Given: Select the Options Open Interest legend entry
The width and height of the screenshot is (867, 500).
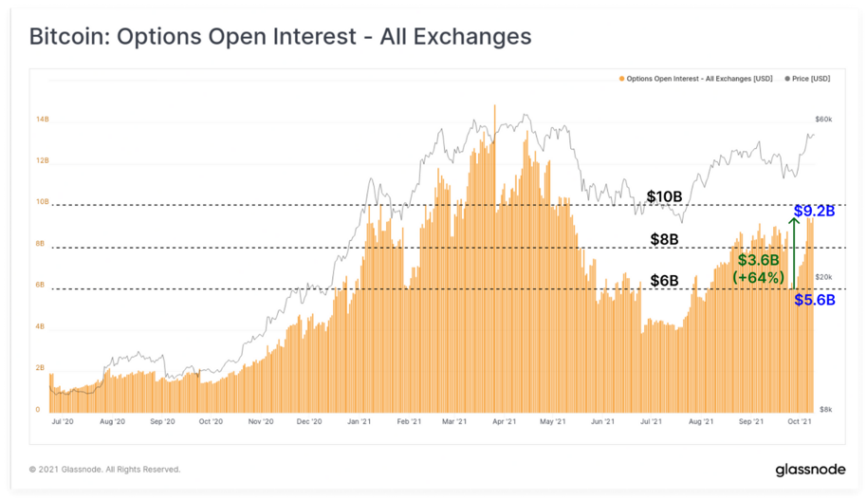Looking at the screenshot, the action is pyautogui.click(x=695, y=79).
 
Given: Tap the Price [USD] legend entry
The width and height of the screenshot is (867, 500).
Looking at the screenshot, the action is pyautogui.click(x=807, y=79).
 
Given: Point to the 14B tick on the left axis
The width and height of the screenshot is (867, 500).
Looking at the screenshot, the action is pyautogui.click(x=43, y=119).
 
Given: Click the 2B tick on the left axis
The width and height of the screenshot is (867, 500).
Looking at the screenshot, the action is pyautogui.click(x=40, y=368).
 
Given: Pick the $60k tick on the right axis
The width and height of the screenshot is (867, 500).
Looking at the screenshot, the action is pyautogui.click(x=823, y=119).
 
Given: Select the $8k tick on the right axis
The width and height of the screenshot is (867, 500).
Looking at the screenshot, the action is pyautogui.click(x=825, y=409).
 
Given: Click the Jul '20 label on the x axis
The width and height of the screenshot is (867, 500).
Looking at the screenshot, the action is pyautogui.click(x=62, y=421).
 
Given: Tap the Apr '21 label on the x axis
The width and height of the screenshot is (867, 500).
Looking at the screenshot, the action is pyautogui.click(x=504, y=421).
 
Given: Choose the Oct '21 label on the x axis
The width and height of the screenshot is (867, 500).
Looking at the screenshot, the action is pyautogui.click(x=800, y=421).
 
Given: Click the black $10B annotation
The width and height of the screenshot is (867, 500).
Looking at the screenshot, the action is pyautogui.click(x=664, y=196).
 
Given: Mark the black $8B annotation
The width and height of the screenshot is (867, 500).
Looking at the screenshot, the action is pyautogui.click(x=664, y=239).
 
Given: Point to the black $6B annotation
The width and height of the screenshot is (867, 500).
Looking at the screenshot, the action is pyautogui.click(x=664, y=281).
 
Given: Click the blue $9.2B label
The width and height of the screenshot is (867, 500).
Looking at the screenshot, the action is pyautogui.click(x=815, y=211).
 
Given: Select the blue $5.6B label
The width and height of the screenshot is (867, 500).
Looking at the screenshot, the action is pyautogui.click(x=815, y=300).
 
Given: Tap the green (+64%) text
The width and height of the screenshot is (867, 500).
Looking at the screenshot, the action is pyautogui.click(x=758, y=277).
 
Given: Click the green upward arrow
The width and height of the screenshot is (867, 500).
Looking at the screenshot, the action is pyautogui.click(x=794, y=253).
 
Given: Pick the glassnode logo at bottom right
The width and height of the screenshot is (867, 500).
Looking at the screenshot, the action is pyautogui.click(x=810, y=470).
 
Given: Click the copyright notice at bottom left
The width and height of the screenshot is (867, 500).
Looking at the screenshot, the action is pyautogui.click(x=104, y=469).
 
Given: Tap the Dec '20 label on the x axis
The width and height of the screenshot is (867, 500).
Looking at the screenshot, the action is pyautogui.click(x=309, y=421).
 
